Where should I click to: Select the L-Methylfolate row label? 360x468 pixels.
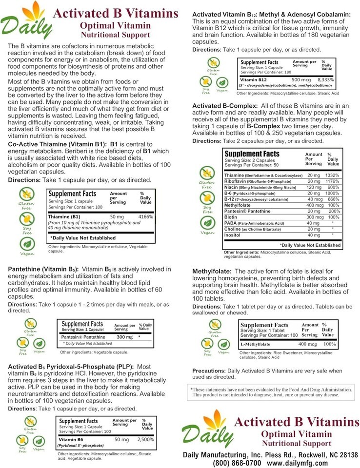point(256,344)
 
